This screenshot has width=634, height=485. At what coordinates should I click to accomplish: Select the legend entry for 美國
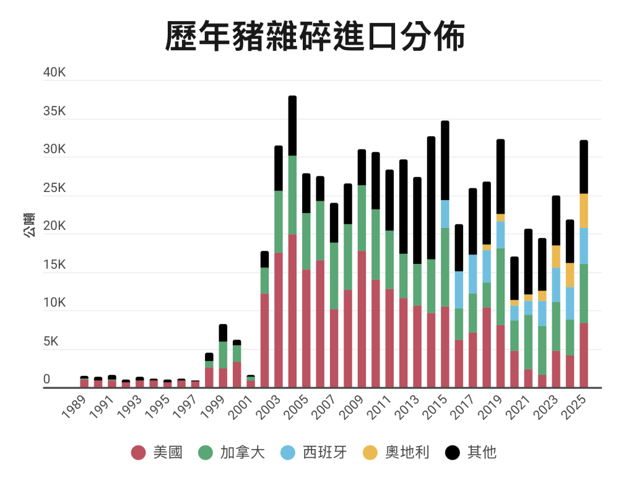[x=157, y=453]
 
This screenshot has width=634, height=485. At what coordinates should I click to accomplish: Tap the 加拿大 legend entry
[x=232, y=453]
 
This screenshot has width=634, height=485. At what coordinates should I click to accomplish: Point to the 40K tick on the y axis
[x=54, y=72]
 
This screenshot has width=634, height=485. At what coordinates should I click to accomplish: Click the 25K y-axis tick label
[x=54, y=188]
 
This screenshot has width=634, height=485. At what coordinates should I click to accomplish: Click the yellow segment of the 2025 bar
[x=583, y=211]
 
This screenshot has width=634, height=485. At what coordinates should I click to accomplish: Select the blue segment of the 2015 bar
[x=445, y=214]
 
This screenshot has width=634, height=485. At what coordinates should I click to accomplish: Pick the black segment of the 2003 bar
[x=279, y=168]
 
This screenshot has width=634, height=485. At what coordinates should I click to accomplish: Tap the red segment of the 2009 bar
[x=362, y=319]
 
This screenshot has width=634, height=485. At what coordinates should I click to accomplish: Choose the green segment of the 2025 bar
[x=583, y=293]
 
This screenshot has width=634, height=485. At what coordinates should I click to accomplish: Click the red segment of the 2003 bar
[x=279, y=320]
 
